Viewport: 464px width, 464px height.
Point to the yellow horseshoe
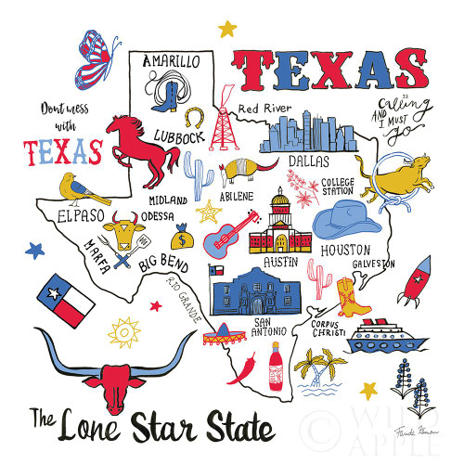tap(194, 117)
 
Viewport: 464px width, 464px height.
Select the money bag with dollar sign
tap(184, 239)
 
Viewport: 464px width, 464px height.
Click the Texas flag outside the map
tap(66, 300)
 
